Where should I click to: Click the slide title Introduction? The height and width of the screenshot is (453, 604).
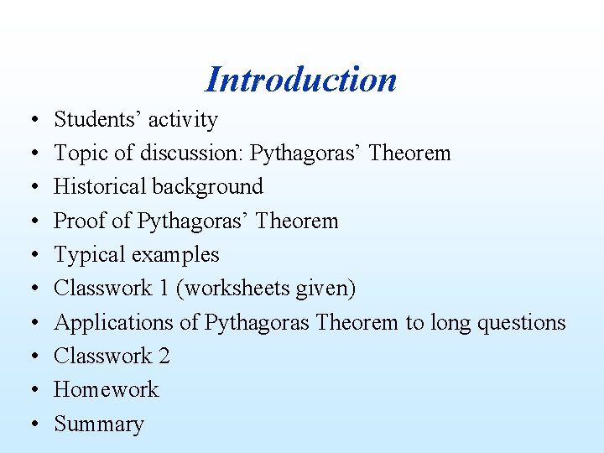coord(300,80)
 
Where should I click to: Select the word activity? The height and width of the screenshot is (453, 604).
coord(183,120)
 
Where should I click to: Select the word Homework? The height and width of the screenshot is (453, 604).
coord(107,390)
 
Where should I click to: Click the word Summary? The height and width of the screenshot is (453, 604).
coord(99,424)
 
